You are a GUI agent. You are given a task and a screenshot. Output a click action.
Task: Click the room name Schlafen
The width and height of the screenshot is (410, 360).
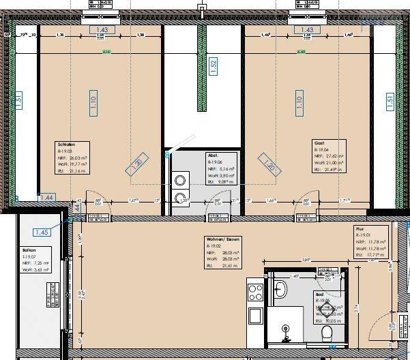tap(66, 145)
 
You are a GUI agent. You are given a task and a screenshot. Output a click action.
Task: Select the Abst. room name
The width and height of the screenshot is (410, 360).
tap(213, 155)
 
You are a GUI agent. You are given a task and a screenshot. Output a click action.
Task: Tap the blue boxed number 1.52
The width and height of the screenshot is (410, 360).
tap(213, 67)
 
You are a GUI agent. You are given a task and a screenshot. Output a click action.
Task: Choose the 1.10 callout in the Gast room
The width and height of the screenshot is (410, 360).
tap(299, 102)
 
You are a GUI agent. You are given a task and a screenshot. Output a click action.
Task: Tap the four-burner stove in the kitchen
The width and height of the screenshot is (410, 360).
tap(256, 292)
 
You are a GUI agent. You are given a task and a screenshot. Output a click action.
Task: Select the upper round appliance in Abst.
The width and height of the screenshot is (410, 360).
tap(180, 181)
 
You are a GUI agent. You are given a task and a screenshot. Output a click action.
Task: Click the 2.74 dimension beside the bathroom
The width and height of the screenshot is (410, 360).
tap(356, 307)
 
